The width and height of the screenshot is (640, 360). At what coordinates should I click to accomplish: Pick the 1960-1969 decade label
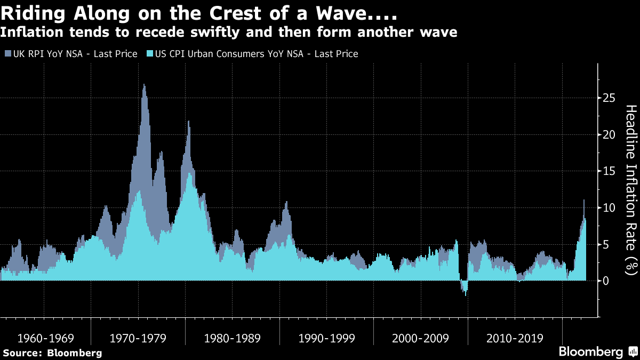[x=45, y=338]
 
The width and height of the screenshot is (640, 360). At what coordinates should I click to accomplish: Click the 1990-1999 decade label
[x=327, y=338]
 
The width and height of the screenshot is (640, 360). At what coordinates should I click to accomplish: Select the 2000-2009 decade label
[x=421, y=338]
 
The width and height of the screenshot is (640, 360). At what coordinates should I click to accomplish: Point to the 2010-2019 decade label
[x=515, y=338]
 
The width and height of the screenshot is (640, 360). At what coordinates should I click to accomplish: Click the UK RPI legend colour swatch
[x=8, y=54]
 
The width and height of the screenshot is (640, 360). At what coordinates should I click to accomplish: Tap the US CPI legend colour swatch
[x=150, y=54]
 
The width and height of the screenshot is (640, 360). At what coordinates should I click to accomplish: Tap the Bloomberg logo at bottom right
[x=597, y=352]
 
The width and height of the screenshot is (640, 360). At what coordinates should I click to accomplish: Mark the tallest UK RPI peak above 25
[x=144, y=85]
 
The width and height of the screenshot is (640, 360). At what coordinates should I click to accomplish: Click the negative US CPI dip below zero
[x=466, y=291]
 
